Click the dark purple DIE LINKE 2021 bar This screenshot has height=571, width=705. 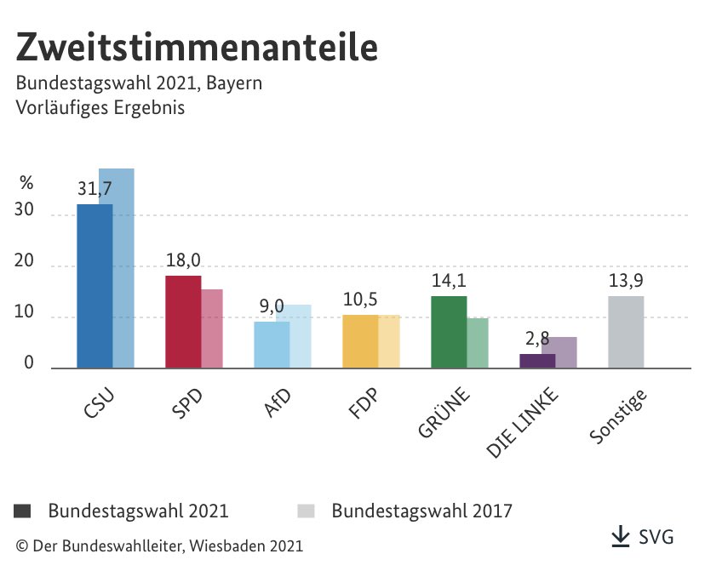pos(537,361)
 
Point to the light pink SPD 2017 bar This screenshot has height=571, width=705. pos(212,328)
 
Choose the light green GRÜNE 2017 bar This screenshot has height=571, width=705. pos(478,343)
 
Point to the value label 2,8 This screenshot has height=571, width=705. pos(537,340)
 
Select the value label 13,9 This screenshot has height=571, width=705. pos(626,281)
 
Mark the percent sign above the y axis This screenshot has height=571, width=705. pos(26,182)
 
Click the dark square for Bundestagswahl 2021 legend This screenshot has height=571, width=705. pos(23,511)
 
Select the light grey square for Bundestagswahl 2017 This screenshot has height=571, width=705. pos(307,511)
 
